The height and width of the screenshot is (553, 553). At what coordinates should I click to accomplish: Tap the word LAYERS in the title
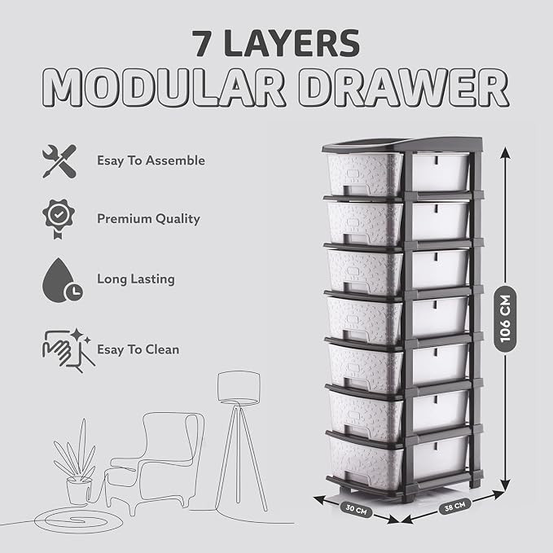[x=292, y=43]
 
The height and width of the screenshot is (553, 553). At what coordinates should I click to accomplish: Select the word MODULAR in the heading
[x=164, y=87]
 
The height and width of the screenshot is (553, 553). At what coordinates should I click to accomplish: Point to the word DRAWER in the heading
[x=403, y=87]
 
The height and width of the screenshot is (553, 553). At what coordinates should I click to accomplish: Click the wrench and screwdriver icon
[x=59, y=161]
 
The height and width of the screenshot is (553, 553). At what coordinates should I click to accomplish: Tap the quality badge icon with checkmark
[x=59, y=219]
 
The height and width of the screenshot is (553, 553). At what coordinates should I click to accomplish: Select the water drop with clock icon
[x=62, y=280]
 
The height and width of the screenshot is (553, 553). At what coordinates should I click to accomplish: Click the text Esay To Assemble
[x=151, y=160]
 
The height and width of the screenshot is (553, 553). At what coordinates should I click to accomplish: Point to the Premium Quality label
[x=148, y=219]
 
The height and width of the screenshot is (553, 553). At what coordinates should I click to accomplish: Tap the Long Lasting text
[x=136, y=279]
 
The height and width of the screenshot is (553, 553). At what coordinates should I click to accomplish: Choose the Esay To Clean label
[x=138, y=349]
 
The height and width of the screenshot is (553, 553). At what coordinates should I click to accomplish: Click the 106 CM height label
[x=505, y=318]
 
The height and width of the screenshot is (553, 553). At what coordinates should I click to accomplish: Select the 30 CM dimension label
[x=356, y=509]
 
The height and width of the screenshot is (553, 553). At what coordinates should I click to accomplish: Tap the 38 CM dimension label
[x=455, y=507]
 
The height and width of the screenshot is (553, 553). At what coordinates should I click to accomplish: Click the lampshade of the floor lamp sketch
[x=239, y=387]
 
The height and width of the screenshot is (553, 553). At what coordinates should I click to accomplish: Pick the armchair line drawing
[x=155, y=462]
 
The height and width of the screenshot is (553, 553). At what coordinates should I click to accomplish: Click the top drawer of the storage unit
[x=366, y=174]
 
